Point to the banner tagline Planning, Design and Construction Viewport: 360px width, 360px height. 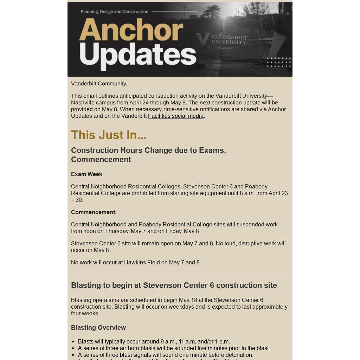pos(115,12)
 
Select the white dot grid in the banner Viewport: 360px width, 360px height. pos(279,62)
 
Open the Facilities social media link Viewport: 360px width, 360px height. pos(176,116)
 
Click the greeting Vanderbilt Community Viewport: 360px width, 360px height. pos(99,84)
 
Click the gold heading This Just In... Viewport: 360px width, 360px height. pos(109,135)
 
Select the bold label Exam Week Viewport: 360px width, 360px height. pos(86,174)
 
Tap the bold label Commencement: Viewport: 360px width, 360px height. pos(94,212)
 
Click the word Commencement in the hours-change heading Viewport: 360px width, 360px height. pos(101,160)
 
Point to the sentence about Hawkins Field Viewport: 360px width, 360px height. pos(136,263)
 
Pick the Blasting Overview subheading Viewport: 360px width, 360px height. pos(98,328)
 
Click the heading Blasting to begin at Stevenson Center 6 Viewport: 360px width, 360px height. pos(174,285)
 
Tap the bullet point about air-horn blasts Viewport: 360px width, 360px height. pos(174,348)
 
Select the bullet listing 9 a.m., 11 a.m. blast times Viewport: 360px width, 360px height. pos(154,342)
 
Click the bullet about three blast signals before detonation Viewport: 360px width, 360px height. pos(166,355)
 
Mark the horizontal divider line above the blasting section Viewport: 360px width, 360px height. pos(180,273)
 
